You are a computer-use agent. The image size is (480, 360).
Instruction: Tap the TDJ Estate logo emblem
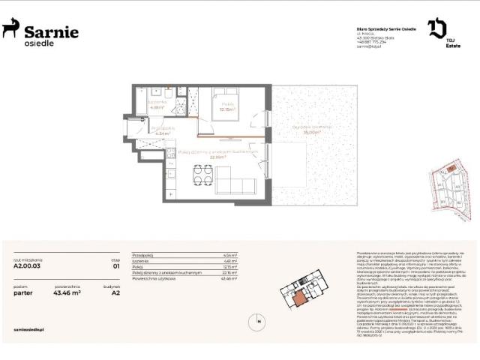[x=436, y=29]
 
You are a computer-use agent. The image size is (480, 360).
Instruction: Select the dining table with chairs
[x=202, y=175]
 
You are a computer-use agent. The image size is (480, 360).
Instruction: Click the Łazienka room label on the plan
[x=157, y=103]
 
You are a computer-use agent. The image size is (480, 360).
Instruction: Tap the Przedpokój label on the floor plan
[x=163, y=129]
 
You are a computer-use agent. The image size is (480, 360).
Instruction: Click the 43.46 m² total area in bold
[x=66, y=293]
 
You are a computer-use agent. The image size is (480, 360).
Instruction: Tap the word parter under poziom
[x=23, y=293]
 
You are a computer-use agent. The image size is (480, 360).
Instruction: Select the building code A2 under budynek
[x=115, y=293]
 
